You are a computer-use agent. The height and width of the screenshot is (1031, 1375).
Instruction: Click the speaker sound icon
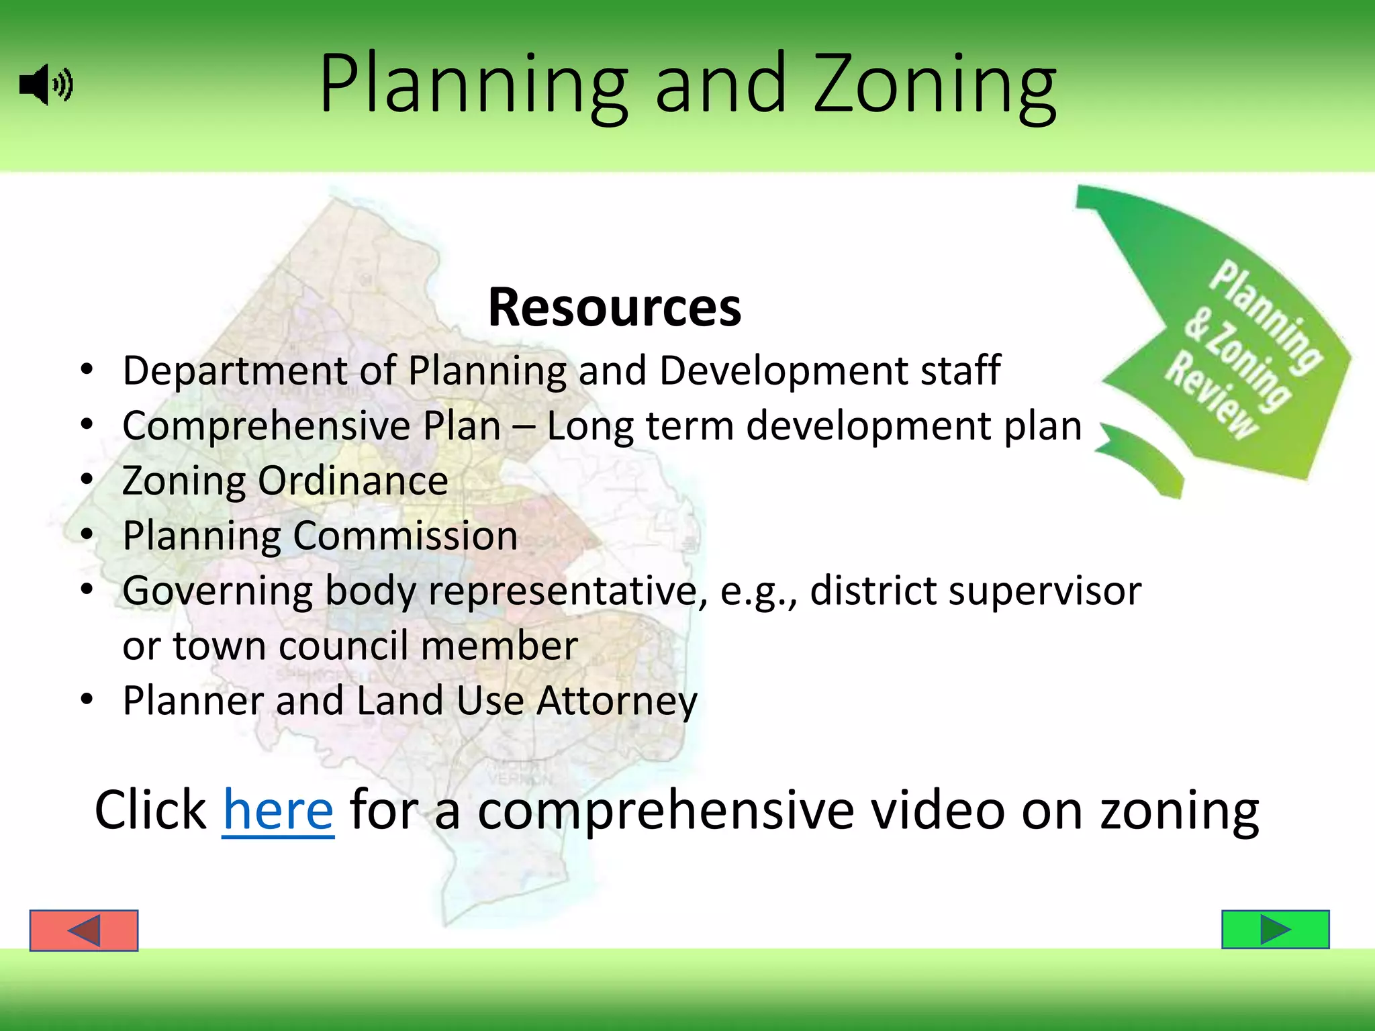(x=46, y=85)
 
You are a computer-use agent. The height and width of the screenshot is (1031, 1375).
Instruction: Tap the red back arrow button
(x=84, y=930)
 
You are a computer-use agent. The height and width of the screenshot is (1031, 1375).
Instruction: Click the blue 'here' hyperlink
(x=278, y=811)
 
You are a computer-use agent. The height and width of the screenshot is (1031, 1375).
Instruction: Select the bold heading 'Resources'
(x=614, y=307)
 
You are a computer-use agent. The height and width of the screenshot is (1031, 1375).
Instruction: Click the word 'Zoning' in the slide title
(x=935, y=85)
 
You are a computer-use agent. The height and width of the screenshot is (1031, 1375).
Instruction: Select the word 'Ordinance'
(x=353, y=481)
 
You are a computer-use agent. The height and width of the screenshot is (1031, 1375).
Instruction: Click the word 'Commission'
(x=406, y=536)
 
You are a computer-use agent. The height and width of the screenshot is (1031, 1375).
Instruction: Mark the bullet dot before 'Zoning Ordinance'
(x=86, y=479)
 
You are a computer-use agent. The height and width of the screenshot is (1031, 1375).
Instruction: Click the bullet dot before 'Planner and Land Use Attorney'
(x=86, y=699)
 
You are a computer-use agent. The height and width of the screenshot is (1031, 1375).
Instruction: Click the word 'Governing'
(x=218, y=591)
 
